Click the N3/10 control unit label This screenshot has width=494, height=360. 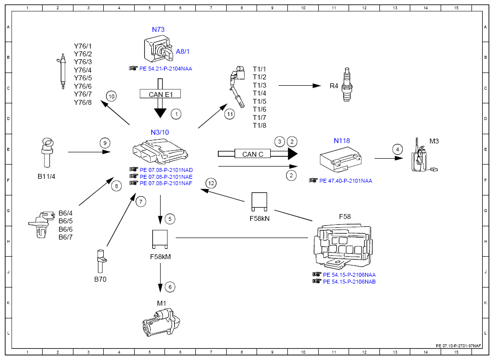tap(160, 132)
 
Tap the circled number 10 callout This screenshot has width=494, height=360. tap(112, 96)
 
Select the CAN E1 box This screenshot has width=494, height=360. tap(161, 94)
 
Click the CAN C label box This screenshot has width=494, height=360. tap(253, 154)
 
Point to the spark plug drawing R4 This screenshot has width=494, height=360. tap(347, 84)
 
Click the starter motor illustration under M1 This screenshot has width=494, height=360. tap(161, 322)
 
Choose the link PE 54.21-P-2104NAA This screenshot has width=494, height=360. tap(165, 69)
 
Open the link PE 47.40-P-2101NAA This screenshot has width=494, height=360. tap(346, 181)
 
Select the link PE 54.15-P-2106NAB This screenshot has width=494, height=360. tap(350, 282)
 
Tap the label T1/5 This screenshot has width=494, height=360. tap(259, 101)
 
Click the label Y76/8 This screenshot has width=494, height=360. tap(83, 102)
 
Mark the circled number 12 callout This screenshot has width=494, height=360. tap(211, 183)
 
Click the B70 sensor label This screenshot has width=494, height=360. tap(100, 279)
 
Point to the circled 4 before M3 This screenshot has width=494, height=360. tap(398, 149)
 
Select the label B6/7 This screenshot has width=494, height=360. tap(66, 237)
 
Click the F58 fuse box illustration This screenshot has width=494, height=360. tap(343, 246)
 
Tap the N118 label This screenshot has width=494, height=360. tap(342, 141)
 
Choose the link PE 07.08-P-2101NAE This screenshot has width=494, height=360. tap(166, 177)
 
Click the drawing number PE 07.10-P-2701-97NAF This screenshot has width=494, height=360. tap(458, 346)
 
